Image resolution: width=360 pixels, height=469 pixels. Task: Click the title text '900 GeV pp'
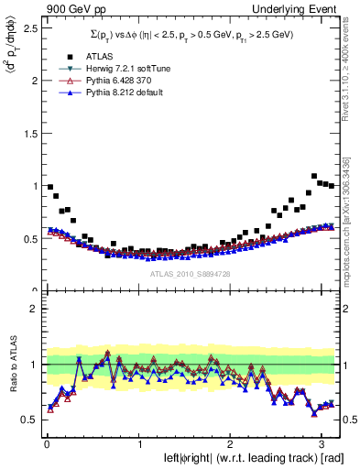click(x=71, y=8)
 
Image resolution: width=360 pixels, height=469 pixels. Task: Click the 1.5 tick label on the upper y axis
click(x=29, y=133)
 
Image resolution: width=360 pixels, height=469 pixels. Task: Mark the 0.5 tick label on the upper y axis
click(x=29, y=239)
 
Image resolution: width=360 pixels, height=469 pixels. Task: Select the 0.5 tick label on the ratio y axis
click(x=29, y=420)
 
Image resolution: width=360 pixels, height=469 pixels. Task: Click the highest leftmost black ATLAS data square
click(x=49, y=187)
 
